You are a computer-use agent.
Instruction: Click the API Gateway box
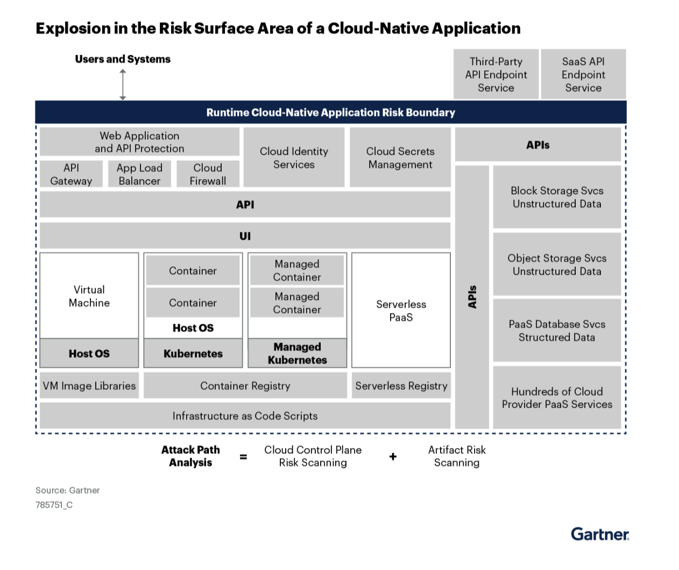pos(71,174)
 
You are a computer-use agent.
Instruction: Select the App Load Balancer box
pos(139,174)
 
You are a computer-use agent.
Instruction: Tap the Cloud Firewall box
pos(208,174)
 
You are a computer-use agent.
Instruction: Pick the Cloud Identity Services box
pos(294,158)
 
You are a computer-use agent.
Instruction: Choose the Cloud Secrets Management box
pos(400,158)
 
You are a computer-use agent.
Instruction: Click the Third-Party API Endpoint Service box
pos(496,74)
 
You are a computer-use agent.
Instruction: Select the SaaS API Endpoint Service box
pos(583,74)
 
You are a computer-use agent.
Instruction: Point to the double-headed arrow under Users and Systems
pos(123,84)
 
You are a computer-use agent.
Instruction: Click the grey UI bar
pos(245,236)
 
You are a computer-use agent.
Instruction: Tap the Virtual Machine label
pos(89,296)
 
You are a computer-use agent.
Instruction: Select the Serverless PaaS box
pos(401,310)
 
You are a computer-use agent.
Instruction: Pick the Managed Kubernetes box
pos(297,353)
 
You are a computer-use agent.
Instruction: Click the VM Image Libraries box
pos(89,386)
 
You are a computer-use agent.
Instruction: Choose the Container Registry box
pos(245,386)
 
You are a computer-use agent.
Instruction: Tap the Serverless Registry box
pos(401,386)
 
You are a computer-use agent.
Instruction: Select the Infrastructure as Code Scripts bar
pos(245,416)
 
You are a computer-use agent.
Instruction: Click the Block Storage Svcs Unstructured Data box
pos(557,197)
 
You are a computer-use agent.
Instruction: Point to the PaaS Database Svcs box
pos(557,330)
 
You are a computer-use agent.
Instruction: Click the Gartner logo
pos(599,534)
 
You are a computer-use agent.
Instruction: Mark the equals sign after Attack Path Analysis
pos(243,457)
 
